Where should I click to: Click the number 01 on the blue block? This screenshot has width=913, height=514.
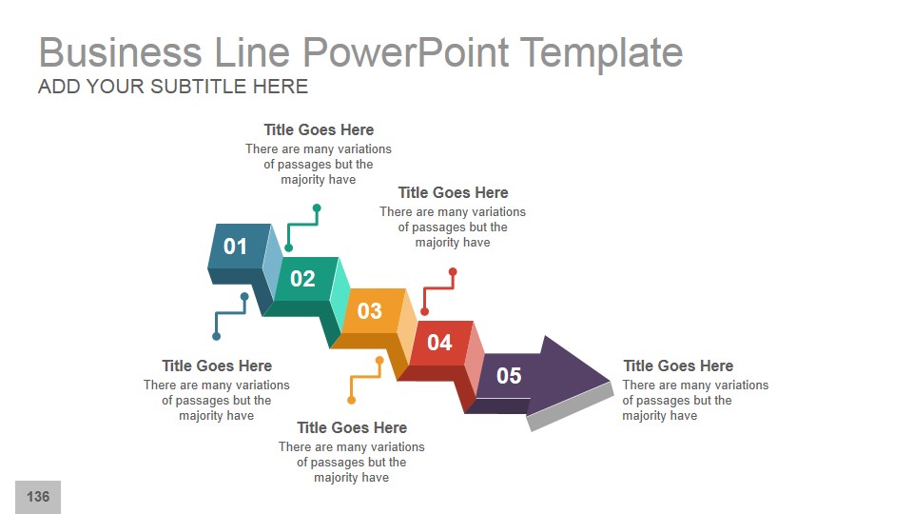235,247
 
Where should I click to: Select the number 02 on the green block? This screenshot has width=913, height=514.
302,279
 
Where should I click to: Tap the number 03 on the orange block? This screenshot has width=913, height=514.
369,310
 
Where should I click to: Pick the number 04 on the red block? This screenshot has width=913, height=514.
439,343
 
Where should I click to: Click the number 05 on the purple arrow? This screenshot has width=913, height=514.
509,375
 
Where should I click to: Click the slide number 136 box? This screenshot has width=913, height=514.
38,497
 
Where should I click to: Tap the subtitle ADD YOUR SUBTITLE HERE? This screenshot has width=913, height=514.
173,87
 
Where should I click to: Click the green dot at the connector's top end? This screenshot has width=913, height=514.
317,208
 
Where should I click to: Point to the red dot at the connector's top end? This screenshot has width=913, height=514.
453,272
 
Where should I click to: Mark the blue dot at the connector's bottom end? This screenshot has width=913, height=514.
217,336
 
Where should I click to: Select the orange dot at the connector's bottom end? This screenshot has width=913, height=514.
351,400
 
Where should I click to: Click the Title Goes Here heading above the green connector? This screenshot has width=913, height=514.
319,129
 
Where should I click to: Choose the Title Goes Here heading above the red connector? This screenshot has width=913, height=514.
453,192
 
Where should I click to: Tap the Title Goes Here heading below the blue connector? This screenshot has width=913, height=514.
217,366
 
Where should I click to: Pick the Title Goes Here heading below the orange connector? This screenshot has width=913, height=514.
352,427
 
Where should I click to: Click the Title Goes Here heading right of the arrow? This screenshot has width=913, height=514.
678,366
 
